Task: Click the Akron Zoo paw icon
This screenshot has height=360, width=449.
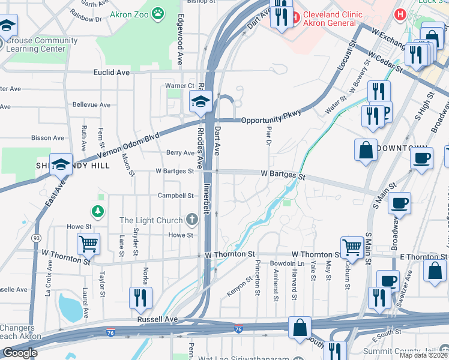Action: click(157, 13)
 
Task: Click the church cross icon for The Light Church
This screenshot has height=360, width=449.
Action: click(191, 220)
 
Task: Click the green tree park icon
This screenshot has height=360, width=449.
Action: click(97, 211)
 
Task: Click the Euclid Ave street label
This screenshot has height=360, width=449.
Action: click(111, 72)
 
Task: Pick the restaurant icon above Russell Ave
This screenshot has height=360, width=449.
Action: click(140, 298)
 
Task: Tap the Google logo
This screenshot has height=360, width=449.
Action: click(20, 353)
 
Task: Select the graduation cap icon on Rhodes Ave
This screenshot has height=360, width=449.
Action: click(200, 102)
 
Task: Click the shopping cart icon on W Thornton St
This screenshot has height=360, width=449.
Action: click(351, 247)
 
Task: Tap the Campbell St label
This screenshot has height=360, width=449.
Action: click(175, 196)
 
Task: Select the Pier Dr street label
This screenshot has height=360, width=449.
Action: click(268, 135)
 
